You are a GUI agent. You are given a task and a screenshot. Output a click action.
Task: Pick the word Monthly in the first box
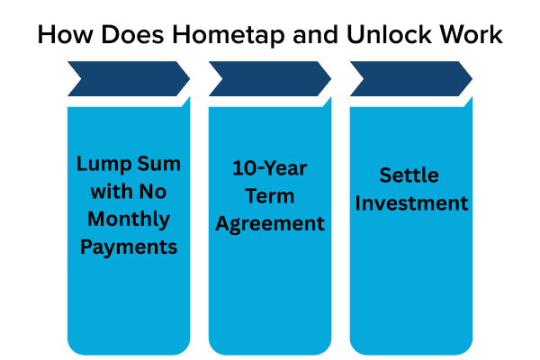(x=128, y=219)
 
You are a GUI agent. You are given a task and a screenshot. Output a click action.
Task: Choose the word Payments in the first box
(x=128, y=247)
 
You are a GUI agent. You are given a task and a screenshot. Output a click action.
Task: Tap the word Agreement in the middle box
(x=270, y=222)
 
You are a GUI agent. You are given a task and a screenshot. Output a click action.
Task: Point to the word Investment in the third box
(x=410, y=202)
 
